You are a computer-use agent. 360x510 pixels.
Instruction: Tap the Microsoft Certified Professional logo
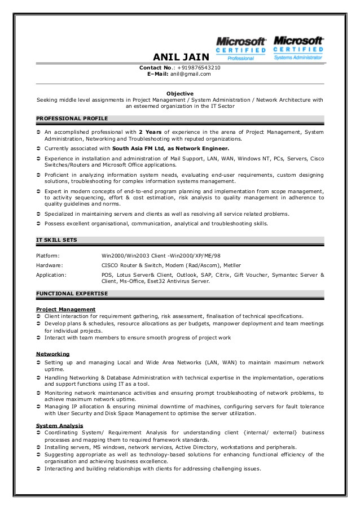(x=241, y=48)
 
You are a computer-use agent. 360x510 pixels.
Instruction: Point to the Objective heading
(x=180, y=93)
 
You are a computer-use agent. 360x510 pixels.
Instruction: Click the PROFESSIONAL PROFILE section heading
(x=72, y=118)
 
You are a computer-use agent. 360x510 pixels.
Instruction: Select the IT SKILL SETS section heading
(x=56, y=240)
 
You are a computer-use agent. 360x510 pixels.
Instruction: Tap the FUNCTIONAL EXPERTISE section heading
(x=72, y=294)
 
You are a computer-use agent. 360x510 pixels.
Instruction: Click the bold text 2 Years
(x=151, y=132)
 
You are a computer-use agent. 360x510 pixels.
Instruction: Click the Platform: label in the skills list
(x=48, y=256)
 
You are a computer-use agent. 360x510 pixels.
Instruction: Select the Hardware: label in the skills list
(x=50, y=265)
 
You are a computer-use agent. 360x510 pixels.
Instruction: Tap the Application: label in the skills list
(x=51, y=274)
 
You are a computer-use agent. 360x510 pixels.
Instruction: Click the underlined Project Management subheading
(x=65, y=310)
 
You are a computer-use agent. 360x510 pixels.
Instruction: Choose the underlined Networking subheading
(x=53, y=354)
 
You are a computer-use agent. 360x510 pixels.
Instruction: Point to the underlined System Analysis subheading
(x=59, y=425)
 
